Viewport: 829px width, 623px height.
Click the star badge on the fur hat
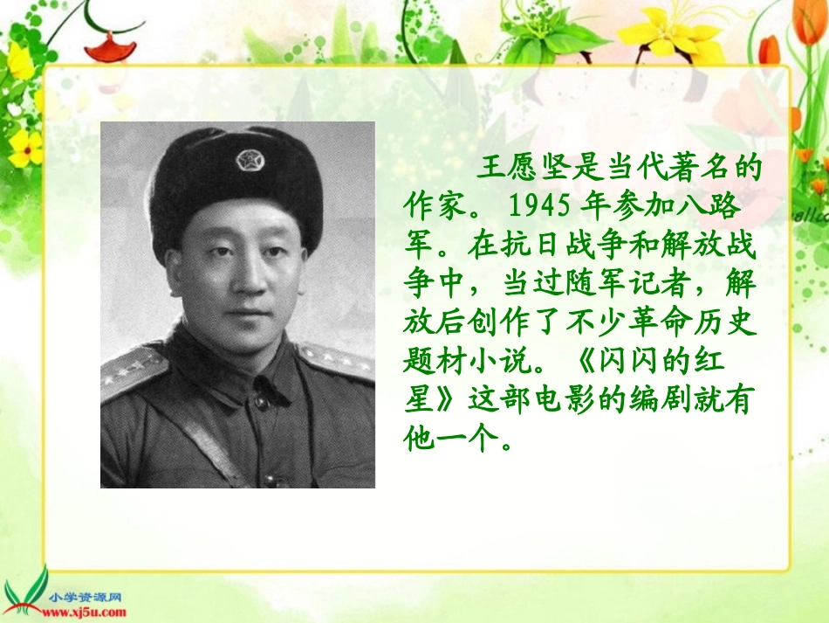click(x=248, y=161)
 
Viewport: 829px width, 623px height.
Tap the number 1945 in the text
click(x=538, y=206)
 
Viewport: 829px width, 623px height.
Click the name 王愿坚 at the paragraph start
click(x=531, y=169)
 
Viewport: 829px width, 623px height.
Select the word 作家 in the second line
click(x=437, y=206)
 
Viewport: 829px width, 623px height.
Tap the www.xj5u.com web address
click(x=86, y=612)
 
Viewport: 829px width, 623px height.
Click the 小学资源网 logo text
click(x=86, y=598)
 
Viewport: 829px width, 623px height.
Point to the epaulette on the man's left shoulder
click(x=339, y=360)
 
